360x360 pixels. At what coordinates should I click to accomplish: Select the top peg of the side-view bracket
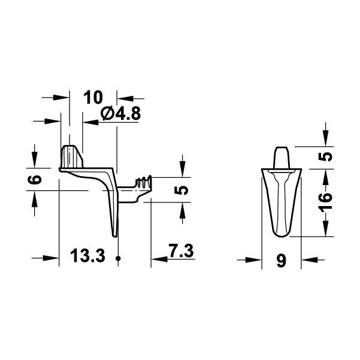click(71, 156)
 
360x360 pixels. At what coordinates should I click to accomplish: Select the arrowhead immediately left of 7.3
click(159, 259)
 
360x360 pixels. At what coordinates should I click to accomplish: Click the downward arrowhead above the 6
click(35, 161)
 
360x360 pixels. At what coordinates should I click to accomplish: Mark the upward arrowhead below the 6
click(35, 198)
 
